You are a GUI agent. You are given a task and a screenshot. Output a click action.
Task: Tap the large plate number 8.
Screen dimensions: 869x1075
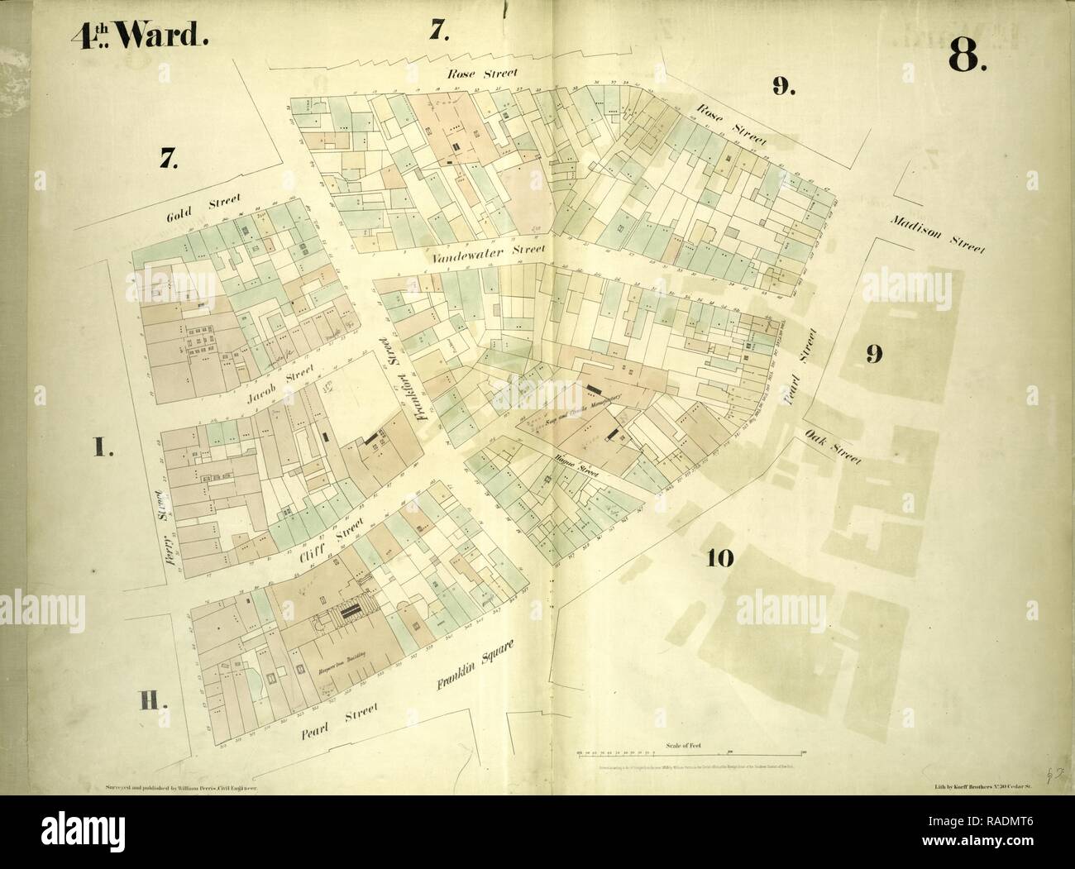[965, 57]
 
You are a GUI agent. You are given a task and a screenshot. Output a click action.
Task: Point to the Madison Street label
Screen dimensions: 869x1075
[938, 237]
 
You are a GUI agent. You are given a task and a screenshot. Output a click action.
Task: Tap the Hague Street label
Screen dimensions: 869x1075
[576, 468]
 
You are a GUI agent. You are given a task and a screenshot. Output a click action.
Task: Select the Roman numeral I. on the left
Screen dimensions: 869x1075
[103, 449]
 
